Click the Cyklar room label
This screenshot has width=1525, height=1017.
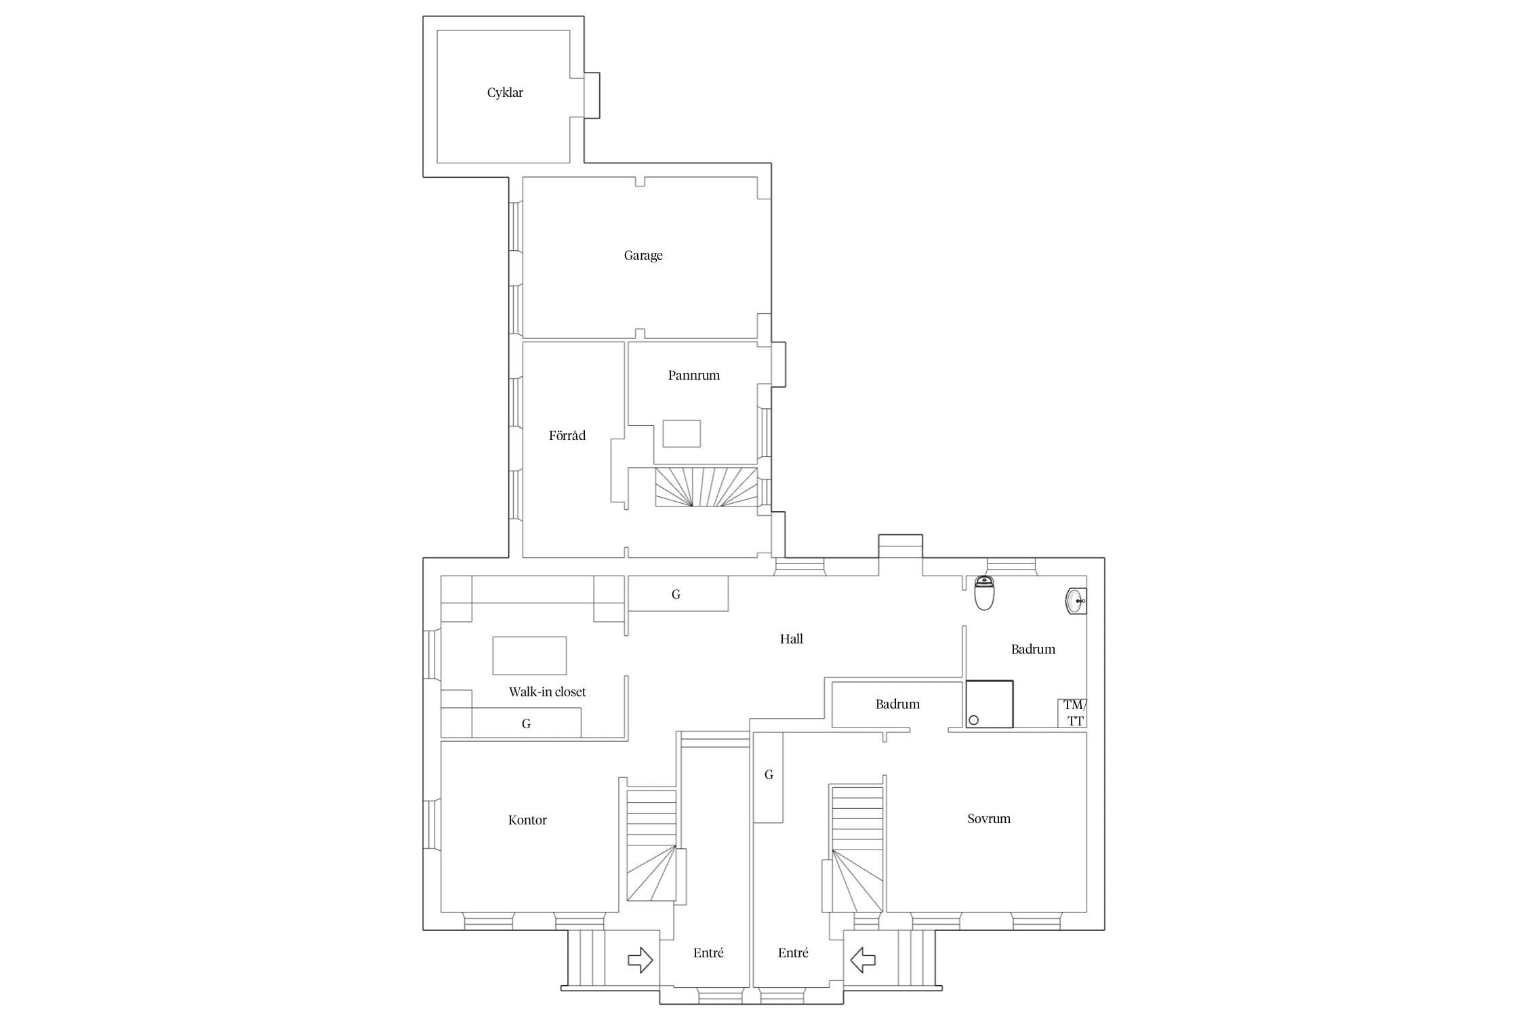coord(505,93)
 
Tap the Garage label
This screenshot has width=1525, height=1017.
coord(643,256)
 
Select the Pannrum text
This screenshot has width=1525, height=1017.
coord(694,375)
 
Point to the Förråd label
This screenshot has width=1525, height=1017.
coord(567,435)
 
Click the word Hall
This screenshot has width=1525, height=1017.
coord(792,639)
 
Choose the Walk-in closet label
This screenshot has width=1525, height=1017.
coord(548,692)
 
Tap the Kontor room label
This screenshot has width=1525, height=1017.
coord(527,820)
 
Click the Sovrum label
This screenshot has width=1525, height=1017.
coord(989,818)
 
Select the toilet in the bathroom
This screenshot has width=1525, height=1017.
coord(984,593)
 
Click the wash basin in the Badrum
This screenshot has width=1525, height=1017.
coord(1076,601)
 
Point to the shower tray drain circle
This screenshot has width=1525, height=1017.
coord(974,720)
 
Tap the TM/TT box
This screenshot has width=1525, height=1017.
coord(1073,713)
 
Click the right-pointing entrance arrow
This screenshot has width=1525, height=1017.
coord(640,960)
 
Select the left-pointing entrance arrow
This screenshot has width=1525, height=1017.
coord(863,960)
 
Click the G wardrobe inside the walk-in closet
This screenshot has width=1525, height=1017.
coord(526,723)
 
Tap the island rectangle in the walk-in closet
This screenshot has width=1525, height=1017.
coord(529,656)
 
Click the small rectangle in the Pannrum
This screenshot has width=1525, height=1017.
coord(682,433)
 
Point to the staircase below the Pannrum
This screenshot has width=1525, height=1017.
coord(706,487)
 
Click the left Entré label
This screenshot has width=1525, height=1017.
coord(708,953)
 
